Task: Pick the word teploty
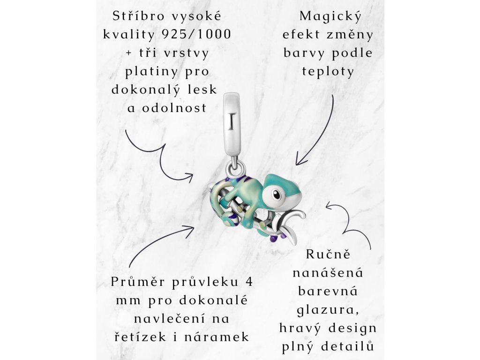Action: click(x=328, y=72)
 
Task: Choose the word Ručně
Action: click(x=328, y=255)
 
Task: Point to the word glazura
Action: click(x=328, y=309)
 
